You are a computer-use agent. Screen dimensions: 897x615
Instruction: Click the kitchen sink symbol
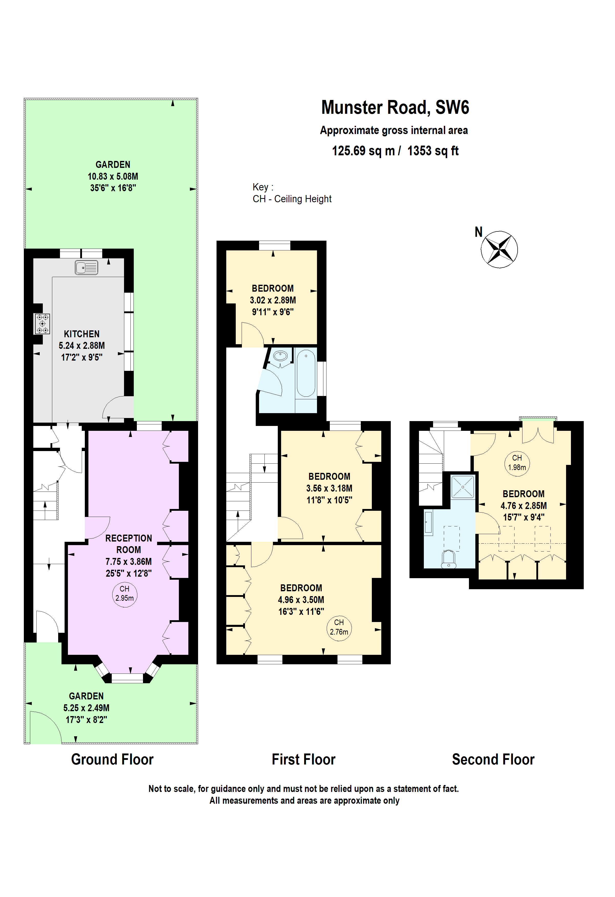click(x=86, y=268)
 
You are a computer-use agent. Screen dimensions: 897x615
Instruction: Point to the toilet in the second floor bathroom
click(x=448, y=559)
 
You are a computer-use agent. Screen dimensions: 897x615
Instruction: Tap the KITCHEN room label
click(x=81, y=334)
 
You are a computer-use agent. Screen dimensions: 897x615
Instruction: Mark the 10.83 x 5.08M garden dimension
click(x=113, y=176)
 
